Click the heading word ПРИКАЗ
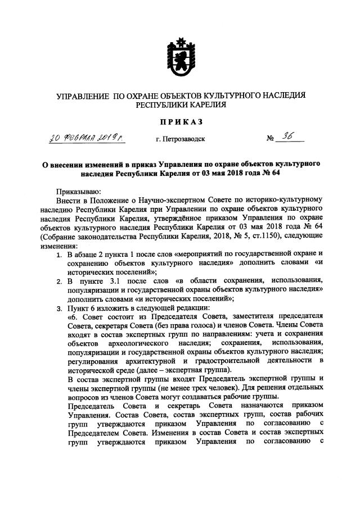click(x=181, y=120)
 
